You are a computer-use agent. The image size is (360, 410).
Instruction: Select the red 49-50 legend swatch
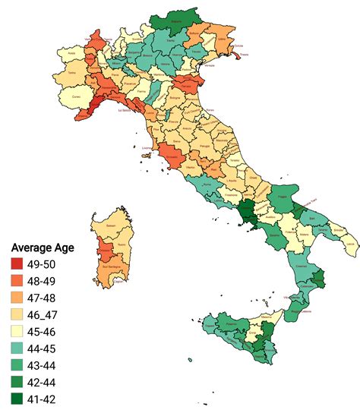pos(17,264)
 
